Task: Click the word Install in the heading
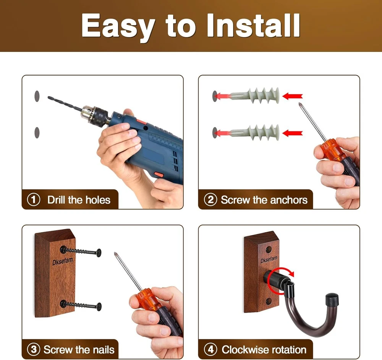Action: click(x=253, y=26)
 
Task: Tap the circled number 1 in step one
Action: click(x=34, y=200)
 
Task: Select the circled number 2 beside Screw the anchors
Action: click(x=210, y=200)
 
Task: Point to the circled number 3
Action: click(x=34, y=350)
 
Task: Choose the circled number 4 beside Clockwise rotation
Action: click(x=210, y=350)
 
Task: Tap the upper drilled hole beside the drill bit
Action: click(x=37, y=96)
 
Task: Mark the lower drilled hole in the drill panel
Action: click(x=37, y=132)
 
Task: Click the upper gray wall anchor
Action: click(x=254, y=95)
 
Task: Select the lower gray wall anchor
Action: click(x=254, y=132)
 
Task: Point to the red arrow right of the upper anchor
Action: click(x=292, y=96)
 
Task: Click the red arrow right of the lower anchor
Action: click(x=292, y=133)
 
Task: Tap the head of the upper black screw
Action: click(x=99, y=253)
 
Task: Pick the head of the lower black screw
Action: click(x=99, y=307)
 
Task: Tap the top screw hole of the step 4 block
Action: click(x=269, y=249)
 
